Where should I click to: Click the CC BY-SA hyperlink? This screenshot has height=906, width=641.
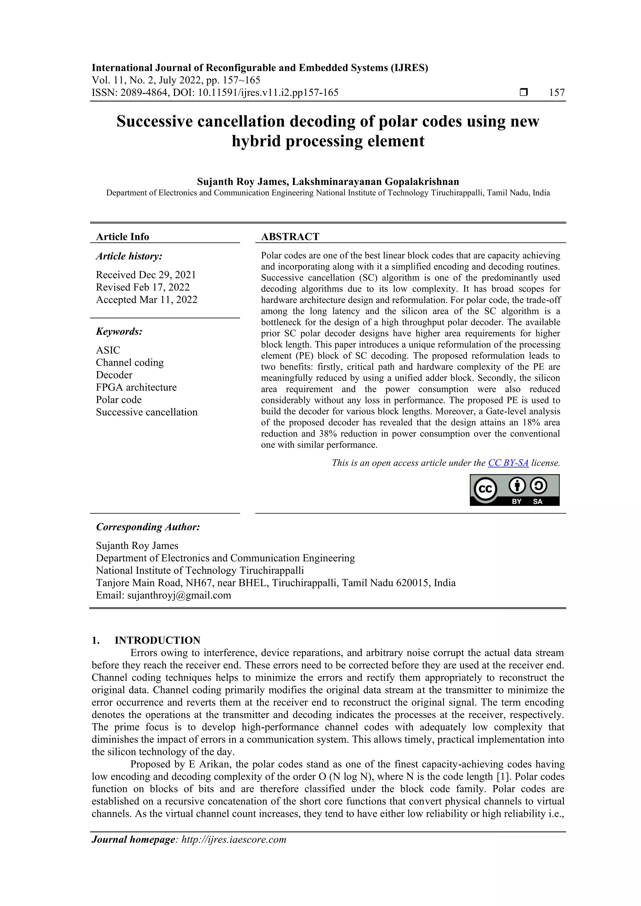(x=508, y=463)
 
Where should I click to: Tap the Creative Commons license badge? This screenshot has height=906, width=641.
(x=514, y=490)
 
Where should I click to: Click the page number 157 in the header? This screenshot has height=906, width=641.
(x=557, y=93)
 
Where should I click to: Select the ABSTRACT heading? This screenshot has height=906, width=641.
(x=290, y=236)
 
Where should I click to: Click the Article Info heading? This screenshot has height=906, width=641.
(x=122, y=237)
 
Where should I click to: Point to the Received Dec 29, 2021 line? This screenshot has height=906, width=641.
(x=146, y=275)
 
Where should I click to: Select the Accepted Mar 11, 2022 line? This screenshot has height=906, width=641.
(x=146, y=300)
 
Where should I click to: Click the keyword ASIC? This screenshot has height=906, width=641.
(x=108, y=350)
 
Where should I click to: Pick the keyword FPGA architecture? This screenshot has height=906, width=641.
(x=136, y=387)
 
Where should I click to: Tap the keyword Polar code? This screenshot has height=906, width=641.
(x=119, y=399)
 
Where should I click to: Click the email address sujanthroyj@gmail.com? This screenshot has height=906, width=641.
(x=179, y=595)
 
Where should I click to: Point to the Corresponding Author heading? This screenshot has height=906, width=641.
(x=148, y=527)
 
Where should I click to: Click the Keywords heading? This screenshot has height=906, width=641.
(x=119, y=332)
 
